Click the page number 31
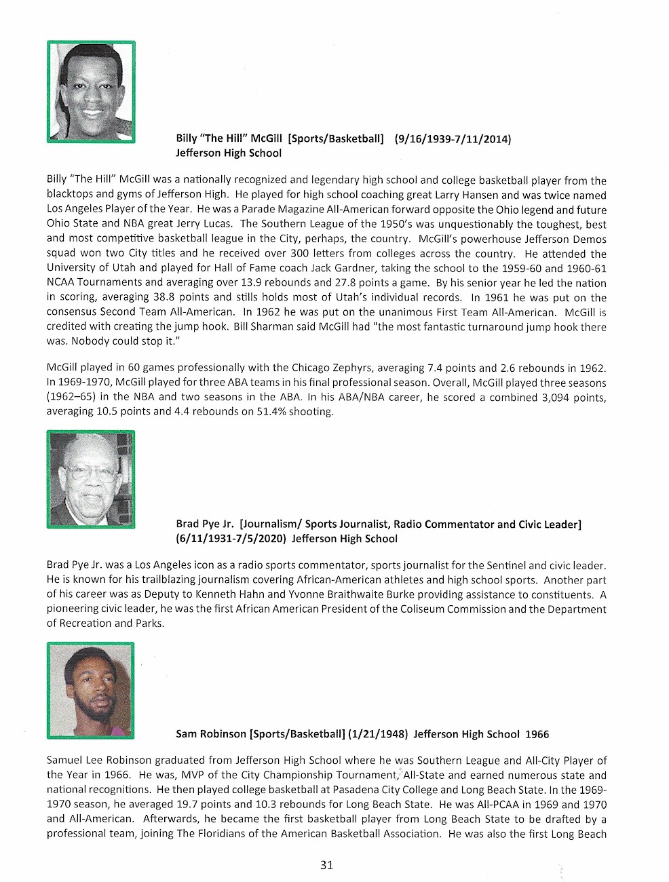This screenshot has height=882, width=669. pyautogui.click(x=326, y=864)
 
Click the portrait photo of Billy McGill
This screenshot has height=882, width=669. pyautogui.click(x=91, y=92)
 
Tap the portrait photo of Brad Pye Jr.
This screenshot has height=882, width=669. pyautogui.click(x=91, y=479)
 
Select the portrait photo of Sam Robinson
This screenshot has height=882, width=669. pyautogui.click(x=91, y=690)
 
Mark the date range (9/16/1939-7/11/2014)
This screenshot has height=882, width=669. pyautogui.click(x=453, y=139)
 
